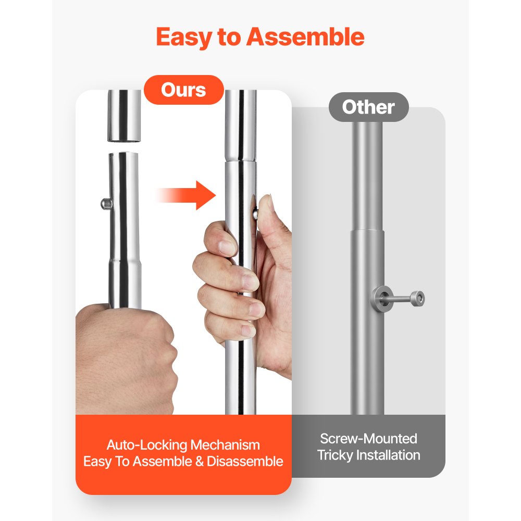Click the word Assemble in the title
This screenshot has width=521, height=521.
pyautogui.click(x=305, y=36)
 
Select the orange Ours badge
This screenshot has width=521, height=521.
pyautogui.click(x=184, y=90)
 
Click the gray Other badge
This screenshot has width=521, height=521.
pyautogui.click(x=368, y=107)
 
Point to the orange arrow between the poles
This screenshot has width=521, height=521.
pyautogui.click(x=186, y=195)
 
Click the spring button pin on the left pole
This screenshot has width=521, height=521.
pyautogui.click(x=106, y=203)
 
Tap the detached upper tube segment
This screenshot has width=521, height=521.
pyautogui.click(x=124, y=116)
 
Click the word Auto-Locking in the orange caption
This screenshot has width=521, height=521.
pyautogui.click(x=146, y=445)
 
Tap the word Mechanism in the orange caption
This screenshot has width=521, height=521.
pyautogui.click(x=225, y=445)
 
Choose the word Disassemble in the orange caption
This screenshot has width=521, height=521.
pyautogui.click(x=245, y=462)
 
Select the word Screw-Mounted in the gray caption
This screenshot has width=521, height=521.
pyautogui.click(x=368, y=439)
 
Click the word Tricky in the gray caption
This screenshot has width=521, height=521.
pyautogui.click(x=335, y=455)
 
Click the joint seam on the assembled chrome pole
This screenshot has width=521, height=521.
pyautogui.click(x=240, y=161)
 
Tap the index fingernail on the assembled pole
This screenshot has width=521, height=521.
pyautogui.click(x=227, y=247)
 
